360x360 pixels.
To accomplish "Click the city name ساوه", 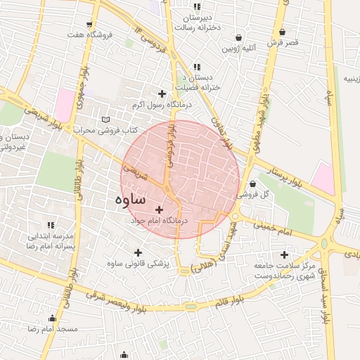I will [129, 199].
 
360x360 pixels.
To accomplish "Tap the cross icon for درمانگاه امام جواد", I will [159, 210].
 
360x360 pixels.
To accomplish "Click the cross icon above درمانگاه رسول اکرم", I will [162, 94].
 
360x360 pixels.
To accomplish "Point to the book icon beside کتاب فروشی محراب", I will [105, 120].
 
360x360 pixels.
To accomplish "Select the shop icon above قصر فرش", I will [282, 32].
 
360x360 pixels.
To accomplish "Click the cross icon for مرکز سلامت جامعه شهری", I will [284, 255].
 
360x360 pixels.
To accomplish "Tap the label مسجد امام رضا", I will [52, 329].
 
